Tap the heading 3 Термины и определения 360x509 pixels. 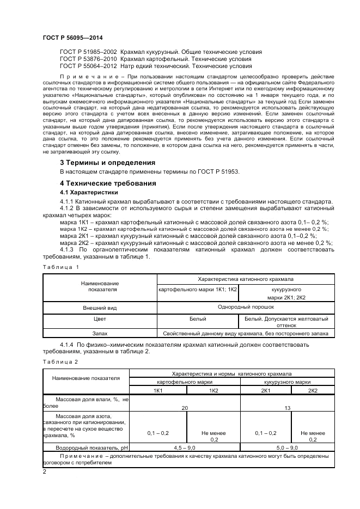(107, 163)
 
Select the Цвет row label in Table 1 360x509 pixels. (100, 319)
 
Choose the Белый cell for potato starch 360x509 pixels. (198, 319)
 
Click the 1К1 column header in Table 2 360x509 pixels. (158, 391)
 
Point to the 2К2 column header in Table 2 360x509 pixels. (313, 391)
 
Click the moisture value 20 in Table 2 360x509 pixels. (185, 407)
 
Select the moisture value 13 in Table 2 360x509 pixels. (287, 407)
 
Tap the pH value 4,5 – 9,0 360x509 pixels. (185, 447)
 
